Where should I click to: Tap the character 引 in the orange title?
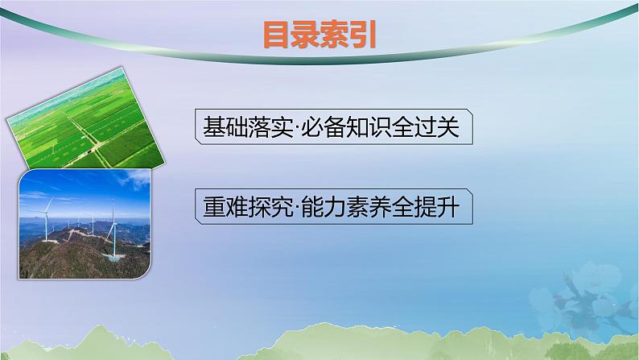(364, 36)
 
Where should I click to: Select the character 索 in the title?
(335, 36)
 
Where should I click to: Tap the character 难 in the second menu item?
(236, 206)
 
